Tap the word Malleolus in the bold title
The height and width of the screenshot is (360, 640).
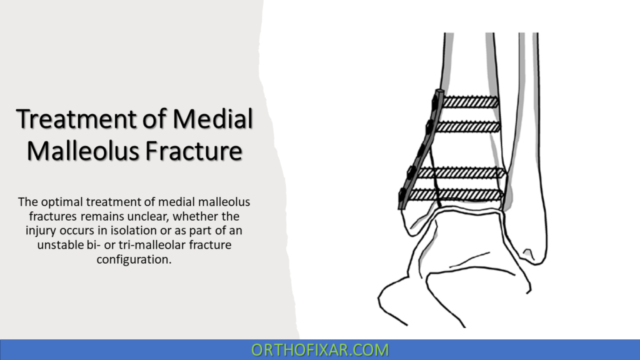coord(82,151)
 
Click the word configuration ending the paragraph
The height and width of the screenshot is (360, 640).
coord(133,259)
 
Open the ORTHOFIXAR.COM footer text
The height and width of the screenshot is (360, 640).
coord(320,350)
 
